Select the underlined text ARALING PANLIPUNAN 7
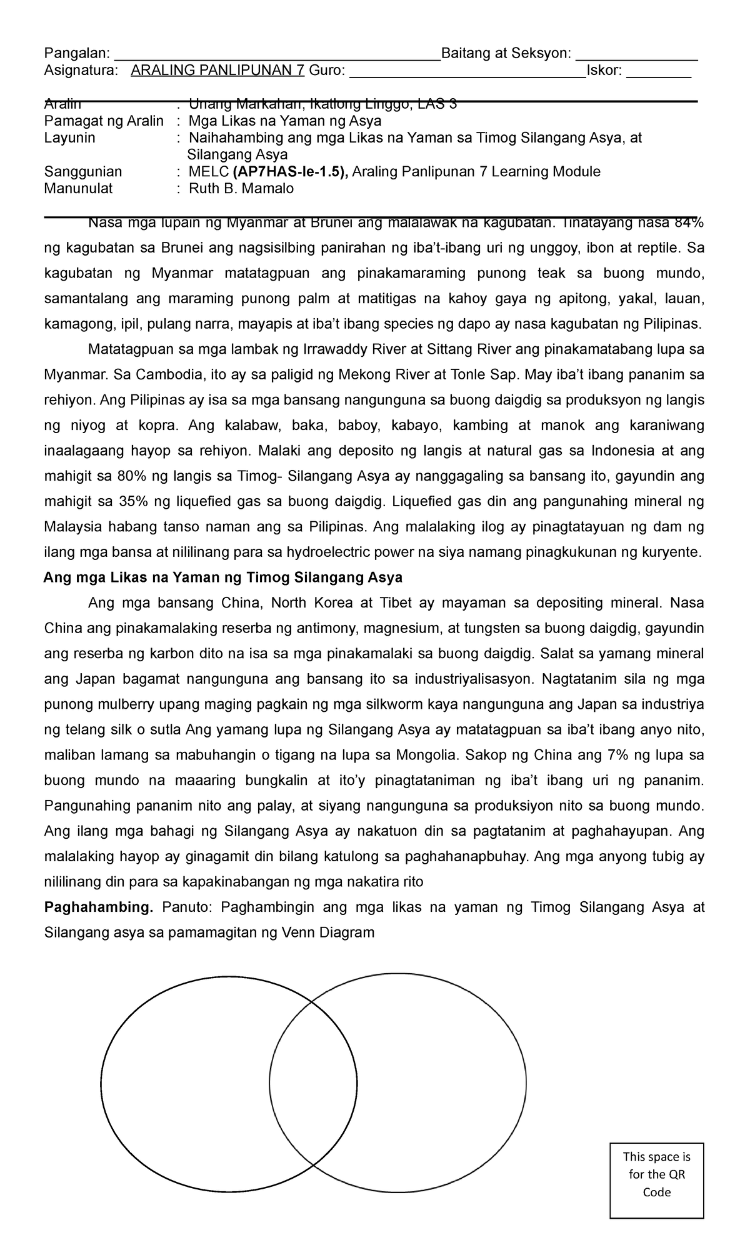pos(217,71)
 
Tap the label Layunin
pos(69,138)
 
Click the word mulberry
pos(112,704)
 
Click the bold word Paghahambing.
pos(98,907)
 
